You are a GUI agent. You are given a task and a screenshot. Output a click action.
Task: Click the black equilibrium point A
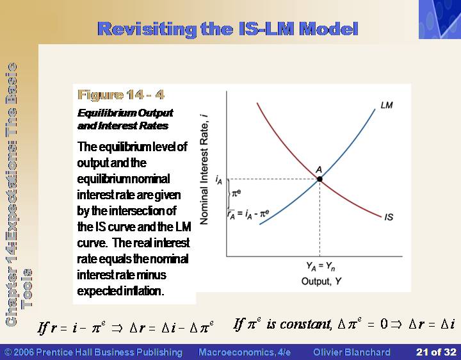tap(319, 179)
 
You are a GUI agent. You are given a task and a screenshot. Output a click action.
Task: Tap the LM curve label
tap(387, 105)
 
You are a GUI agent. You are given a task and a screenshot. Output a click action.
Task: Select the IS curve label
tap(389, 217)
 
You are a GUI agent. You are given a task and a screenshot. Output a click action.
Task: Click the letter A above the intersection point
tap(319, 170)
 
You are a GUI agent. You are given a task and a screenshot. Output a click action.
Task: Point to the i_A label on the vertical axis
tap(219, 180)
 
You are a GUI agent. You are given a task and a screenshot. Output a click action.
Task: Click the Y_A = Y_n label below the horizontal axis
tap(321, 266)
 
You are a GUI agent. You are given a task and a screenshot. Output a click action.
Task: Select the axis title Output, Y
tap(321, 281)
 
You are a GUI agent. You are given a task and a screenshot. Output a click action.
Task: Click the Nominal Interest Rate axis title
tap(204, 170)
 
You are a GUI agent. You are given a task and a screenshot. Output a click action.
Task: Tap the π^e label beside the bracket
tap(236, 193)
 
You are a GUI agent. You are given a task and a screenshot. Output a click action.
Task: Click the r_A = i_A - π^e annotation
tap(248, 214)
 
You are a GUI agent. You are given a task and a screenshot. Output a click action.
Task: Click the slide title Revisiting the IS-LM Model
tap(227, 29)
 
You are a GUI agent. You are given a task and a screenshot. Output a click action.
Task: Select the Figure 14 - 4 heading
tap(121, 95)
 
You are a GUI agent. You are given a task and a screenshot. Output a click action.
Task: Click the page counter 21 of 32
tap(436, 352)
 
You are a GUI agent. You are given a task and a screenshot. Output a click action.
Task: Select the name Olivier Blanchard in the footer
tap(352, 352)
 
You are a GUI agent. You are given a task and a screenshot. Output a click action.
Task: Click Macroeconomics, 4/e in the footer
tap(245, 352)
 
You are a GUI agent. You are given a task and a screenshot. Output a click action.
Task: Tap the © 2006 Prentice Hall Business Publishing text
tap(93, 352)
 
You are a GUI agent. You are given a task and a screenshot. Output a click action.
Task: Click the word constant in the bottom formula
tap(305, 324)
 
